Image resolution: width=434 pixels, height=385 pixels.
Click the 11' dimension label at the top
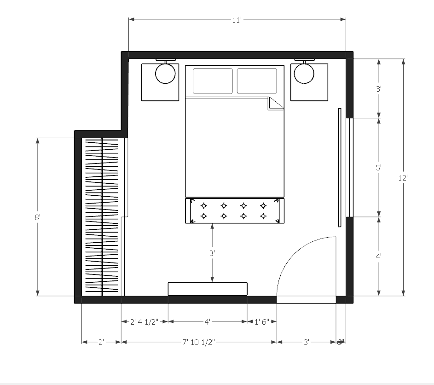[237, 20]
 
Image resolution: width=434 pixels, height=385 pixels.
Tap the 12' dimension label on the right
[404, 177]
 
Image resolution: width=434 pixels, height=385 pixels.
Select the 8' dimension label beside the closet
[38, 217]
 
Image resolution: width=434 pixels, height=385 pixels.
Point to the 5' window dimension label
[379, 168]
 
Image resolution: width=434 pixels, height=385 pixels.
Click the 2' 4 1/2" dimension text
[145, 322]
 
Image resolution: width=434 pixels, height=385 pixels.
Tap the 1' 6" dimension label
[262, 322]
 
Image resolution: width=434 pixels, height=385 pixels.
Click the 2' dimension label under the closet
[101, 342]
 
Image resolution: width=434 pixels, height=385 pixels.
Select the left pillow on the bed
[213, 81]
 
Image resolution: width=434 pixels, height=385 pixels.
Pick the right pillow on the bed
[257, 81]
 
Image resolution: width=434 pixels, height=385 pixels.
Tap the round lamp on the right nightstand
[304, 73]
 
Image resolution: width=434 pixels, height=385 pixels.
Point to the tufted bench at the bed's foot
[234, 211]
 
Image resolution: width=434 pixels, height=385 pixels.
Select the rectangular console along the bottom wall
[208, 289]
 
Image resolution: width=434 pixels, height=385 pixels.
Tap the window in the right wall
[349, 167]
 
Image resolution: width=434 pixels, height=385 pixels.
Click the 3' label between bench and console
[212, 253]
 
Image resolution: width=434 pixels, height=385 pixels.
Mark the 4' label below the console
[208, 322]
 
